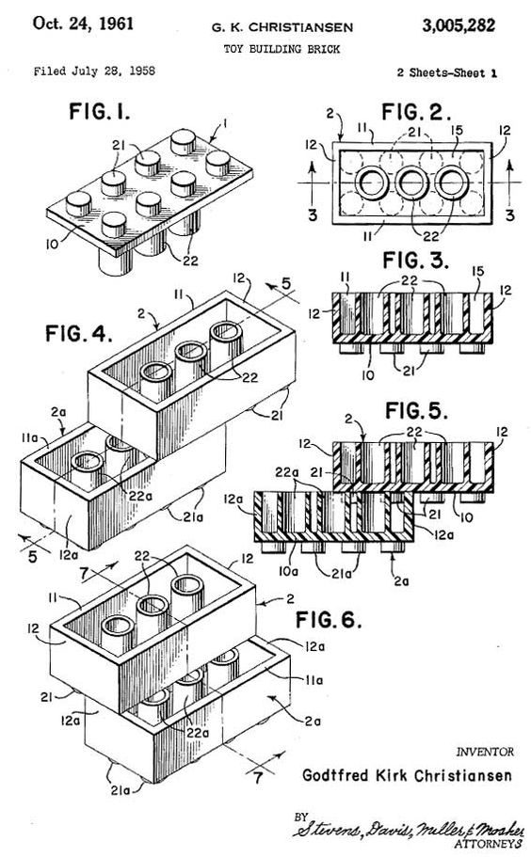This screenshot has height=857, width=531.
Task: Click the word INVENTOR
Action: coord(484,752)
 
